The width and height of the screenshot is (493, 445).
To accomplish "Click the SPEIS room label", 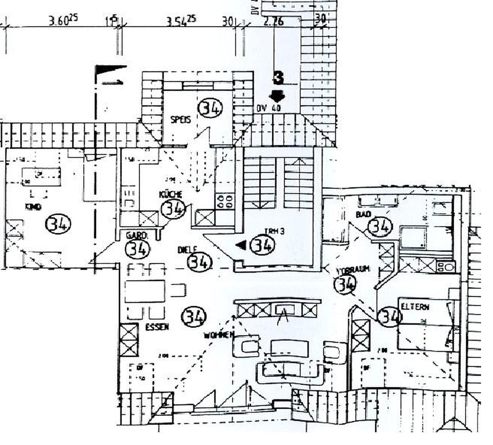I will pyautogui.click(x=181, y=120).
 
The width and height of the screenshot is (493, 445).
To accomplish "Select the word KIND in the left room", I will pyautogui.click(x=33, y=207).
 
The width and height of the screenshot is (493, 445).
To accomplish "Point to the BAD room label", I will pyautogui.click(x=363, y=214).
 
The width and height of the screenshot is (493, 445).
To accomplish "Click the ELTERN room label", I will pyautogui.click(x=415, y=307).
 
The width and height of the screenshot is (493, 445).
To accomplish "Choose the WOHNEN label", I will pyautogui.click(x=219, y=335).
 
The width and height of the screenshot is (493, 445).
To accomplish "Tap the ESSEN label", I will pyautogui.click(x=157, y=327).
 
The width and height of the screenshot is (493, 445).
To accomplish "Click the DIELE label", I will pyautogui.click(x=187, y=250).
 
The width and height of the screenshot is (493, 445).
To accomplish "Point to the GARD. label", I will pyautogui.click(x=137, y=236).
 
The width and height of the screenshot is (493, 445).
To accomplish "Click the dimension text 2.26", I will pyautogui.click(x=273, y=21).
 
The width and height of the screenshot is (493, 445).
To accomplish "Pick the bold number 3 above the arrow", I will pyautogui.click(x=278, y=77).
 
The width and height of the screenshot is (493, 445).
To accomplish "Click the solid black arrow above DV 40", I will pyautogui.click(x=276, y=96).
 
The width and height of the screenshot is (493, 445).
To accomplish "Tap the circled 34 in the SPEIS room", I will pyautogui.click(x=210, y=108).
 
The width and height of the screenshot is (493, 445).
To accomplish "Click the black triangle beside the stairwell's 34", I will pyautogui.click(x=241, y=246).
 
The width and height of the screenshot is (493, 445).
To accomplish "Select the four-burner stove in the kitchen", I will pyautogui.click(x=224, y=201).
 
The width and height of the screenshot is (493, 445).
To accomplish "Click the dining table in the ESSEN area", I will pyautogui.click(x=145, y=291).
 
